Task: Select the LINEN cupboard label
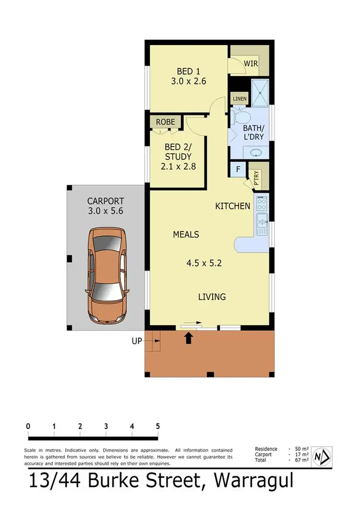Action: pos(240,99)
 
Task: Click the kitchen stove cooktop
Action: pos(262,205)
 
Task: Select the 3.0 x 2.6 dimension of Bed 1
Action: pos(188,81)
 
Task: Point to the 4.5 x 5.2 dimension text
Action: pos(204,263)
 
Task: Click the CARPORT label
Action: pos(105,201)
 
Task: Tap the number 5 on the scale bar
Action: pos(157,426)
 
